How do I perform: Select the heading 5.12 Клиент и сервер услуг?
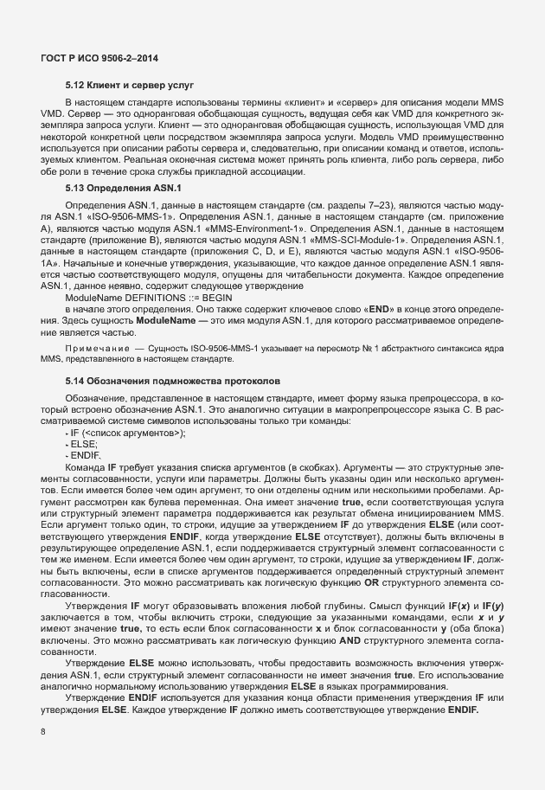tap(129, 87)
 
